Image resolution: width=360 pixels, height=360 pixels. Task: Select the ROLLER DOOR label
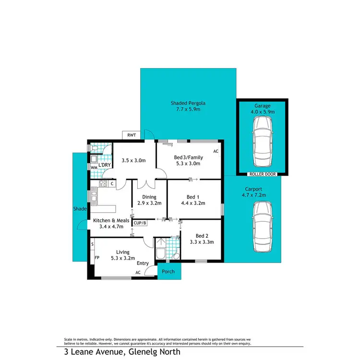262,174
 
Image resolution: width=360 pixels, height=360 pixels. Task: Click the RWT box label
132,135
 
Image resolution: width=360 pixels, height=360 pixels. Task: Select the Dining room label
149,196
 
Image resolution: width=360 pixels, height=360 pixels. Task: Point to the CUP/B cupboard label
140,223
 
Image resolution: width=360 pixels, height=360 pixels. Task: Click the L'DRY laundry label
105,166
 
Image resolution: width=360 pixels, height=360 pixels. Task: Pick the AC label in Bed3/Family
216,151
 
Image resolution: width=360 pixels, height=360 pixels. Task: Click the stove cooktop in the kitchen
103,184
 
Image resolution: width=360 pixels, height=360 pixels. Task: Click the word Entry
142,263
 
